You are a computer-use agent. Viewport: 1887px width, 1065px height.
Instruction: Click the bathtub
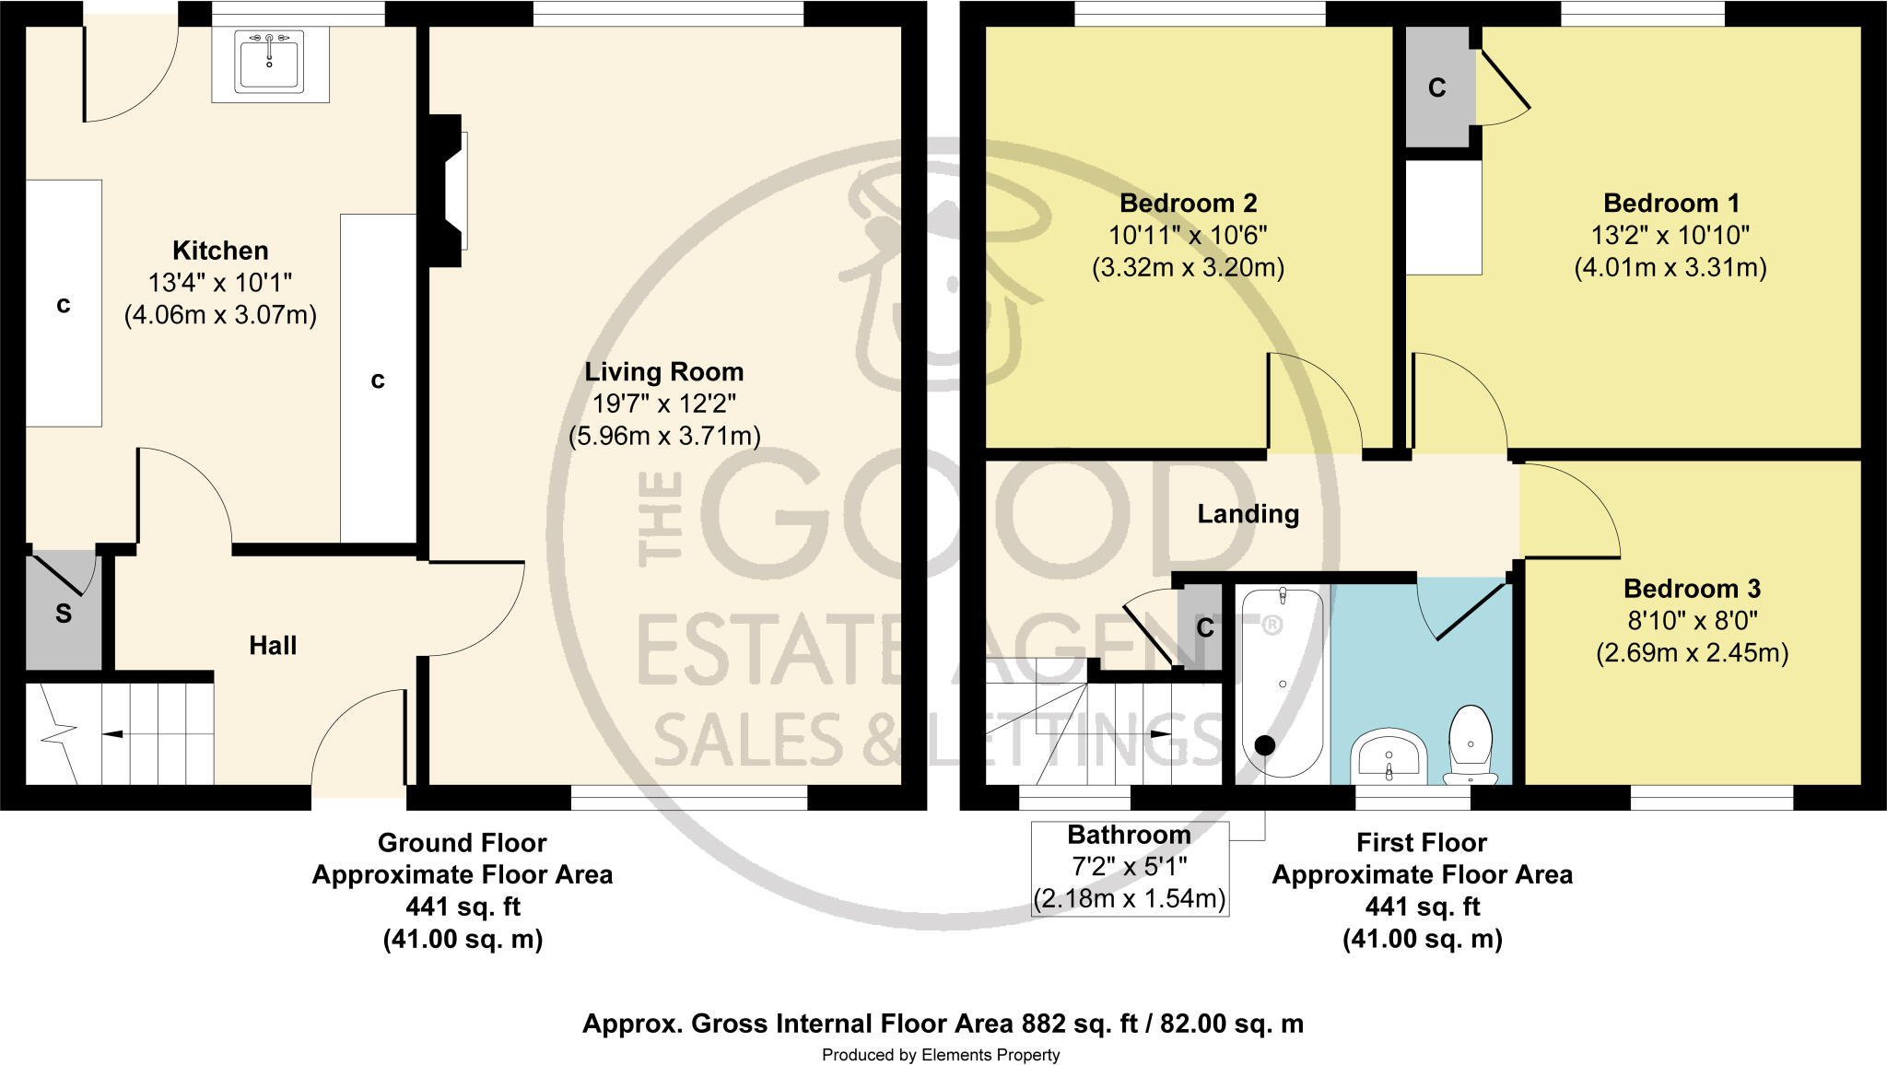1282,683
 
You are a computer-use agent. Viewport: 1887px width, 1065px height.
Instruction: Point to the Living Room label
663,372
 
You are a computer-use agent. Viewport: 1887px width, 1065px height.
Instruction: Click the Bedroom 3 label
1692,589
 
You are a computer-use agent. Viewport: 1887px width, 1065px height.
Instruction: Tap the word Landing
1248,514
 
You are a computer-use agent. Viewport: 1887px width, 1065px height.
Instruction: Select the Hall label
273,646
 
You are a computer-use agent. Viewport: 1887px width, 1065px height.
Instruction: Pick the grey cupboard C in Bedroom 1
1436,88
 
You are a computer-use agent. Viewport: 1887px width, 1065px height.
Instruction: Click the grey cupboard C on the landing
1204,628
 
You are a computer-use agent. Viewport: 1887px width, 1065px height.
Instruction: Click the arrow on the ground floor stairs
113,734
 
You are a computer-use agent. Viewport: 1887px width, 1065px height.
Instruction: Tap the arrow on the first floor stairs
1161,733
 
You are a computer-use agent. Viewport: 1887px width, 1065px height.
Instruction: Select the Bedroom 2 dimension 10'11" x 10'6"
1188,235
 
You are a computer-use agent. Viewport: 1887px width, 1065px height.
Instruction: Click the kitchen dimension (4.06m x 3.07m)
220,315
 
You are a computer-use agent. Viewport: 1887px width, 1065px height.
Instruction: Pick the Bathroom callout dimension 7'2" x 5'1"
1129,867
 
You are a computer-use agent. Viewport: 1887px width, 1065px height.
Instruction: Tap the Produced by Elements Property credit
941,1055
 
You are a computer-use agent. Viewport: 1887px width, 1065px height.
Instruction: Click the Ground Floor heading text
462,843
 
